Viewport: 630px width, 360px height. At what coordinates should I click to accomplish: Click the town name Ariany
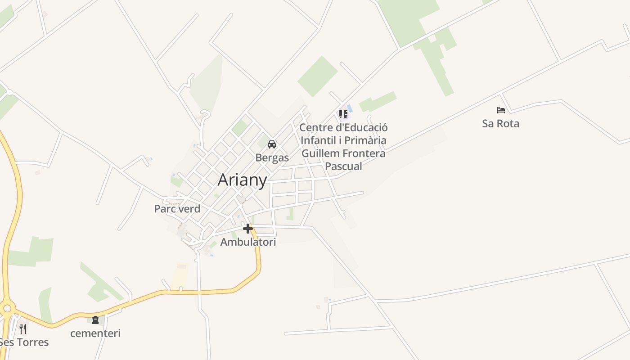click(x=242, y=180)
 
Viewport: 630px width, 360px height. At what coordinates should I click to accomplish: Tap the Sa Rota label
click(x=500, y=123)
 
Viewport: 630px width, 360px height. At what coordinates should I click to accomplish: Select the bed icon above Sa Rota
click(x=500, y=110)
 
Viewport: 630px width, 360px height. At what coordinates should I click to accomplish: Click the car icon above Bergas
click(x=272, y=144)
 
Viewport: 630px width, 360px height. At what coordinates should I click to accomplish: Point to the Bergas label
click(x=272, y=157)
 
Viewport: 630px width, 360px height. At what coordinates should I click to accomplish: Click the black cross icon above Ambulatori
click(x=247, y=229)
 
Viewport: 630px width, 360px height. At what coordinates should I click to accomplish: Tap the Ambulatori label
click(x=248, y=242)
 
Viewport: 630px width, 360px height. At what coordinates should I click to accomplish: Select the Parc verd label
click(x=177, y=209)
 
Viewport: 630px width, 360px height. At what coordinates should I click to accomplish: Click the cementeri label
click(x=95, y=333)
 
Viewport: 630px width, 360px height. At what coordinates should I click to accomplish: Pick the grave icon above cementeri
click(x=95, y=320)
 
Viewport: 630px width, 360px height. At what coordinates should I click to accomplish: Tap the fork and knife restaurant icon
click(x=23, y=329)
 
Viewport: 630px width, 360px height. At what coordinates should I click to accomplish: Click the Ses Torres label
click(x=24, y=342)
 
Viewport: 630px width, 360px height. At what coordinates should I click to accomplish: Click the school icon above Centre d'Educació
click(x=343, y=114)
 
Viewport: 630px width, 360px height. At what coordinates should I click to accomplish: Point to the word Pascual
click(x=343, y=166)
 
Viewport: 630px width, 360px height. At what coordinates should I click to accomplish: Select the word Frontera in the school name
click(x=363, y=153)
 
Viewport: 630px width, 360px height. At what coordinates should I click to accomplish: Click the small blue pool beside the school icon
click(x=350, y=108)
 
